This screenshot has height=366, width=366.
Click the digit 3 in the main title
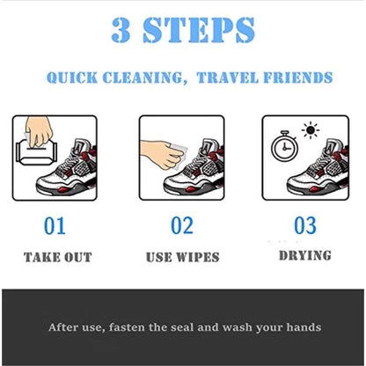[121, 30]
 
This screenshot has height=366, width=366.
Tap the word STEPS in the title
[199, 30]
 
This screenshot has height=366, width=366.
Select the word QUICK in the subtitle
[72, 77]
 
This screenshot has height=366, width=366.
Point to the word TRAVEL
[228, 77]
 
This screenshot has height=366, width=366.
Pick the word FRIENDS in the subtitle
[298, 77]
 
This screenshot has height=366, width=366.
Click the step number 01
[55, 226]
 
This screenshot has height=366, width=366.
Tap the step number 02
[182, 225]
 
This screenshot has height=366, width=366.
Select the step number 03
[305, 225]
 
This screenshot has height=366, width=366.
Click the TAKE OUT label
[58, 257]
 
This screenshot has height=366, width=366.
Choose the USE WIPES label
[183, 257]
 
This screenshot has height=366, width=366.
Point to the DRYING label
[305, 255]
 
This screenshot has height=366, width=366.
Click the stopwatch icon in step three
[284, 146]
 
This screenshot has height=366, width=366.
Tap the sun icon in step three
[311, 130]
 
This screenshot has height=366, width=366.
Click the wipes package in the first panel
[36, 151]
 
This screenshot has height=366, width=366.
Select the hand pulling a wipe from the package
[39, 130]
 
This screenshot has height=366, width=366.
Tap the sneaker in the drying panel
[318, 168]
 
